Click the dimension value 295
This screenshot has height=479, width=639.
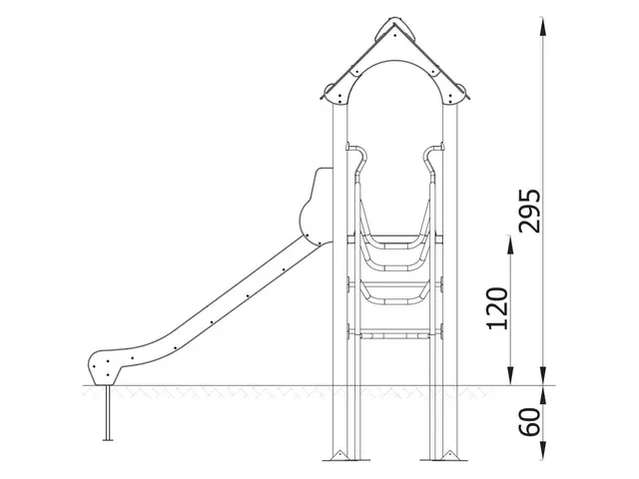pyautogui.click(x=532, y=209)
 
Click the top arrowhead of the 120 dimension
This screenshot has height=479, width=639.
pyautogui.click(x=512, y=239)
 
